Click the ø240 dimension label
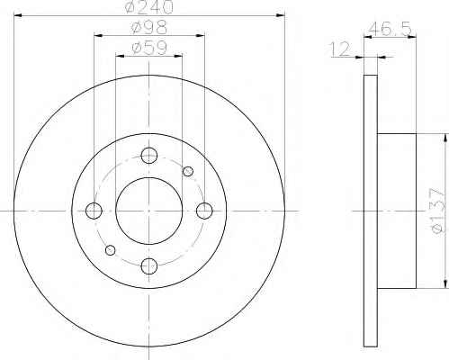click(x=149, y=6)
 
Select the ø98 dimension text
click(x=149, y=28)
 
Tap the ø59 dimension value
click(x=149, y=48)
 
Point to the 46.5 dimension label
click(x=390, y=29)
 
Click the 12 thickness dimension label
click(x=339, y=49)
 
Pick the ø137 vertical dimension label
click(x=437, y=211)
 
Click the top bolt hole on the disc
click(x=149, y=156)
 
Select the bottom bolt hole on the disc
click(x=149, y=265)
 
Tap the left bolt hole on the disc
click(x=94, y=211)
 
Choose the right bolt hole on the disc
click(x=204, y=211)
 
